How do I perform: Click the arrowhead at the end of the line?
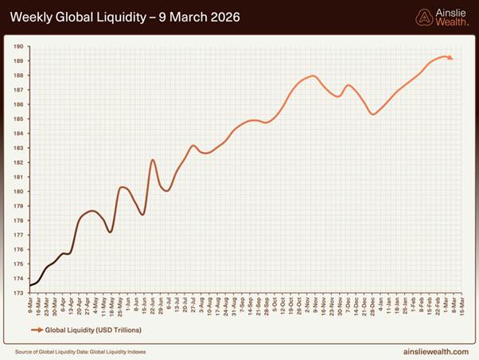pyautogui.click(x=450, y=57)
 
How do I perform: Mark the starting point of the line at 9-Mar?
pyautogui.click(x=30, y=285)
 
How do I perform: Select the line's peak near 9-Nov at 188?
pyautogui.click(x=313, y=76)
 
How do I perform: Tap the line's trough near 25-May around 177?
pyautogui.click(x=111, y=231)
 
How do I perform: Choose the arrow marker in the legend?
pyautogui.click(x=37, y=327)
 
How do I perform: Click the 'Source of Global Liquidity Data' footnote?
pyautogui.click(x=80, y=350)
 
